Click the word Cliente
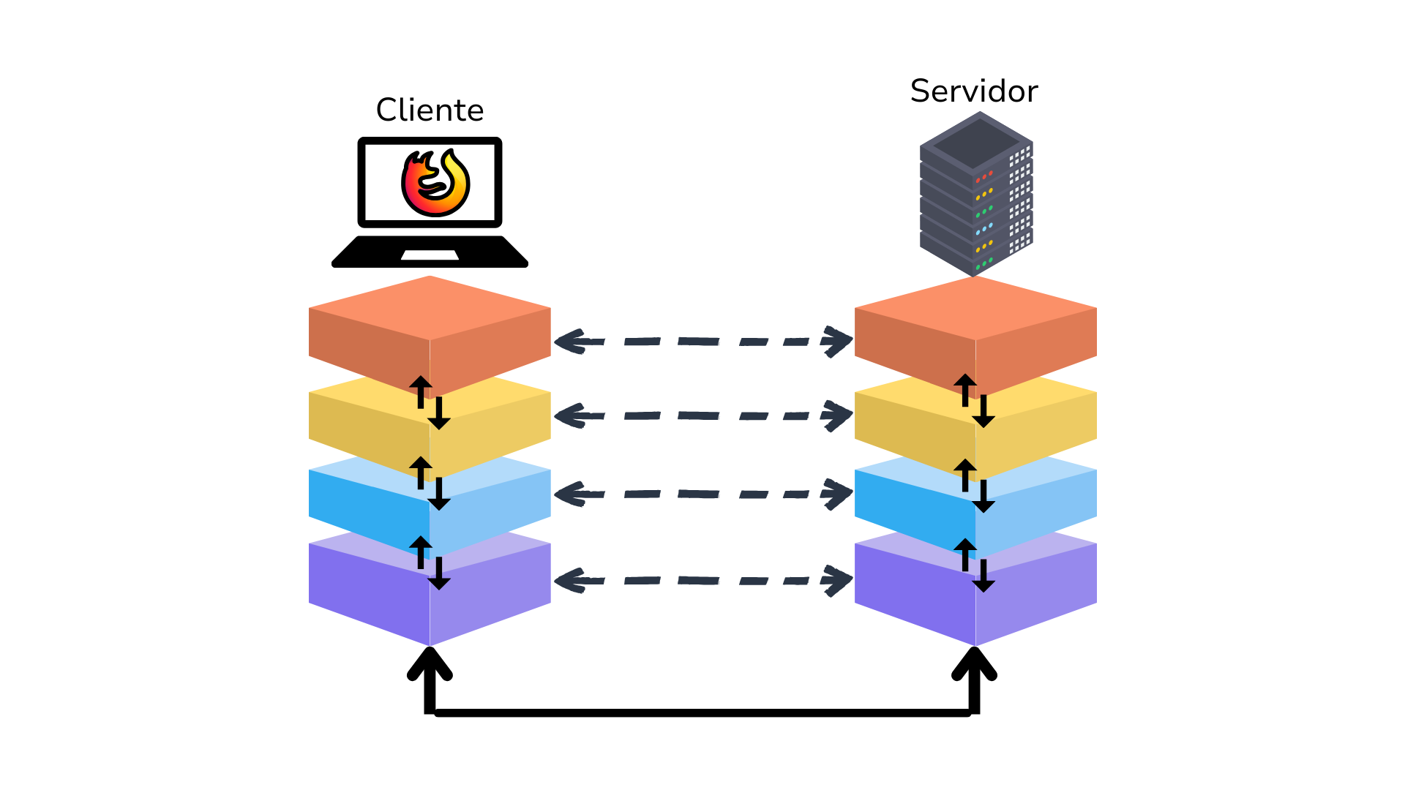coord(430,110)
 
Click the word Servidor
coord(974,91)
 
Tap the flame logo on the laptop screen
coord(435,183)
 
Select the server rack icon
coord(976,194)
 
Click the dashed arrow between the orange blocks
coord(702,342)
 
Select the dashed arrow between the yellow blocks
coord(702,415)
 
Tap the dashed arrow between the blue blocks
coord(702,494)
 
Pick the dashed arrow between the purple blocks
coord(702,581)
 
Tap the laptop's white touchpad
coord(430,255)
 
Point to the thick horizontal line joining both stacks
coord(702,712)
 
